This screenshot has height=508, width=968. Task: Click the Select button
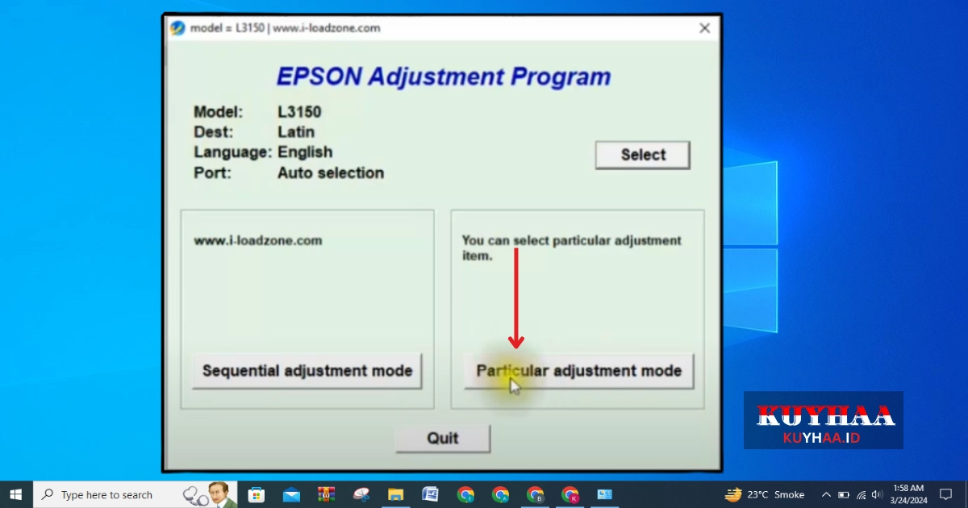pos(643,155)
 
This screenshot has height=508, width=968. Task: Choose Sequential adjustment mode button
pos(307,371)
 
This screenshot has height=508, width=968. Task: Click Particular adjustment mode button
pos(579,371)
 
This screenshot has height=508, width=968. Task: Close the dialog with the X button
pos(704,28)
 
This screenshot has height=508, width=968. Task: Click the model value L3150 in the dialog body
pos(299,112)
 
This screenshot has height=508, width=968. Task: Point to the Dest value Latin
pos(296,131)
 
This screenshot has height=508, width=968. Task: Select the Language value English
pos(305,152)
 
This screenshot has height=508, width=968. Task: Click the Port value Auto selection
pos(331,173)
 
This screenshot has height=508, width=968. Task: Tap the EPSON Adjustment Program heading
pos(444,77)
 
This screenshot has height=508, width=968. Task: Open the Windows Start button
pos(16,494)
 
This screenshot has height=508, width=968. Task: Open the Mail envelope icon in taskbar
pos(291,494)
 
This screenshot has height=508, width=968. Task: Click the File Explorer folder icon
pos(395,494)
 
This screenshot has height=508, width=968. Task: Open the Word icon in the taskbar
pos(431,494)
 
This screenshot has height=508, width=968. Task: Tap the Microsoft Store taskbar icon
pos(257,494)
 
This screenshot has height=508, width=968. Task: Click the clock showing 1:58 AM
pos(908,488)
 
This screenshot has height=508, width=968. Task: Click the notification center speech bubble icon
pos(946,494)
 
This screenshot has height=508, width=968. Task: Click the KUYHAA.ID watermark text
pos(821,438)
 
